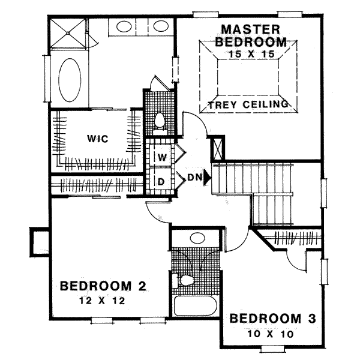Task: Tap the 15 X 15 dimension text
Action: (250, 54)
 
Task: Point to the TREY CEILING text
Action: (248, 105)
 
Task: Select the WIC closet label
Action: (97, 139)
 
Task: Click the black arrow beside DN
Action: (208, 177)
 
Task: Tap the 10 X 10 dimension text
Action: (273, 334)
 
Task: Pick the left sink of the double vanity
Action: (125, 27)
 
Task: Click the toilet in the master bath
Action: (160, 122)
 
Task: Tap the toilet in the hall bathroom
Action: (185, 280)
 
